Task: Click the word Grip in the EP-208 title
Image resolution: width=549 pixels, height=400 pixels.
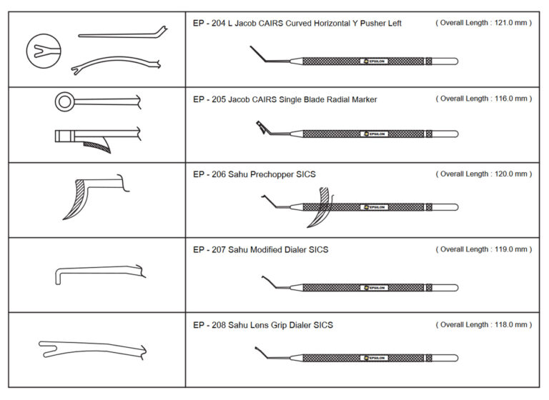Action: click(280, 325)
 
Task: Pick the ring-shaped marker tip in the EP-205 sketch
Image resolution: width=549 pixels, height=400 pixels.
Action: click(64, 102)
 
